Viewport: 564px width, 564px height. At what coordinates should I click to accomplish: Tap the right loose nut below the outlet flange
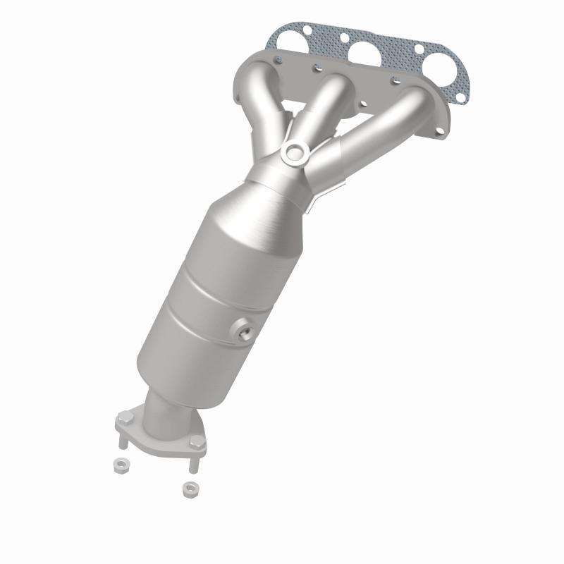(188, 487)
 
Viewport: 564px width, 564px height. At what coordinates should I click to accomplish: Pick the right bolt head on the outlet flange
(199, 441)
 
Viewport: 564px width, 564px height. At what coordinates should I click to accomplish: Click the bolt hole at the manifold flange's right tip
(439, 130)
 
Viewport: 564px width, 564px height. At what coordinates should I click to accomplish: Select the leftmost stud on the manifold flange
(279, 56)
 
